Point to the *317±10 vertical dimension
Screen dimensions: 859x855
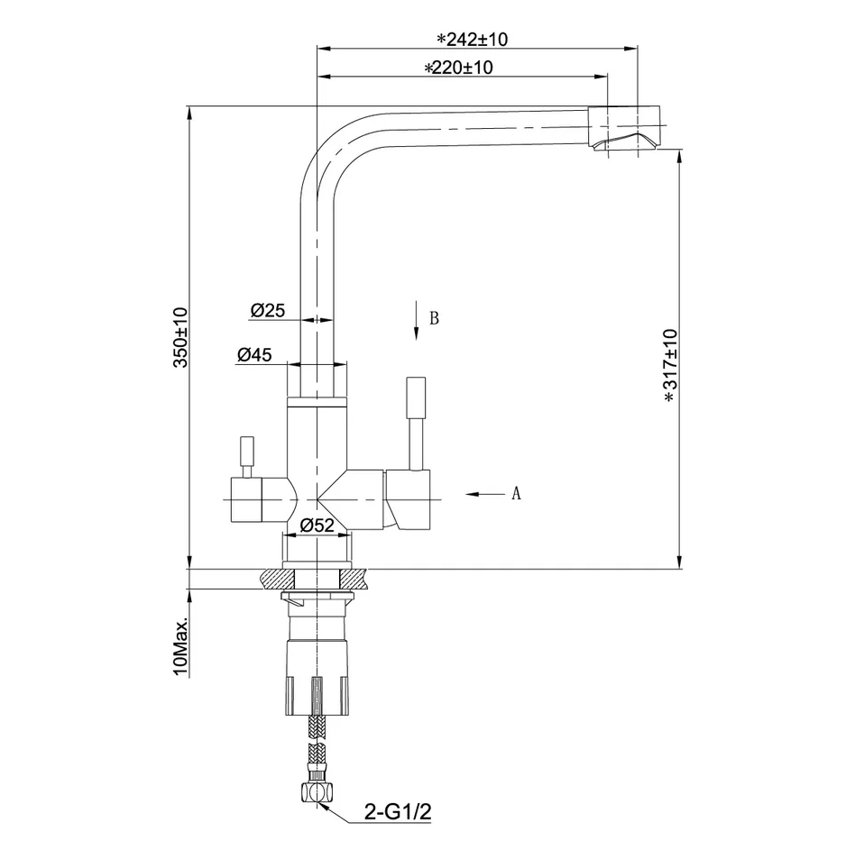coord(670,364)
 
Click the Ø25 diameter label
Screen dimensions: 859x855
coord(267,310)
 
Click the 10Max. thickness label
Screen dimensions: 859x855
coord(180,646)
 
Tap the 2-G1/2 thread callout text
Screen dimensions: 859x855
coord(399,812)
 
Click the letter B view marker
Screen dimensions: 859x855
coord(434,318)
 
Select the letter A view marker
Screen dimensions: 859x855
coord(516,493)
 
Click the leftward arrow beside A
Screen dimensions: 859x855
coord(484,493)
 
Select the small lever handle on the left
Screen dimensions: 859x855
coord(245,454)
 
